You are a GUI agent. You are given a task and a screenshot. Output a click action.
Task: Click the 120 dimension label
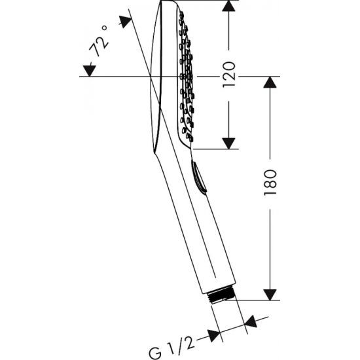pos(230,74)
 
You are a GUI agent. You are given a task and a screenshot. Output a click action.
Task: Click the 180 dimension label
pos(270,183)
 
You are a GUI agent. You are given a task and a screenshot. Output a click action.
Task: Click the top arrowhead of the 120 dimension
pos(228,6)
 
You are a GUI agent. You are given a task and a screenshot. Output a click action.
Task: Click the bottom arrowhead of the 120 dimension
pos(228,143)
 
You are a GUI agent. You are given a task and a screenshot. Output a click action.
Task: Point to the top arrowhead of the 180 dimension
pos(270,82)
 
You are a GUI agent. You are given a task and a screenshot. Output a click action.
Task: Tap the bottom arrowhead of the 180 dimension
pos(270,295)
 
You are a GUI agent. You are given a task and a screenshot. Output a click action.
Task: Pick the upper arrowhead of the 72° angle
pos(125,21)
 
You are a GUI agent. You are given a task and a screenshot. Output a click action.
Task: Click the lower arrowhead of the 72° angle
pos(90,71)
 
